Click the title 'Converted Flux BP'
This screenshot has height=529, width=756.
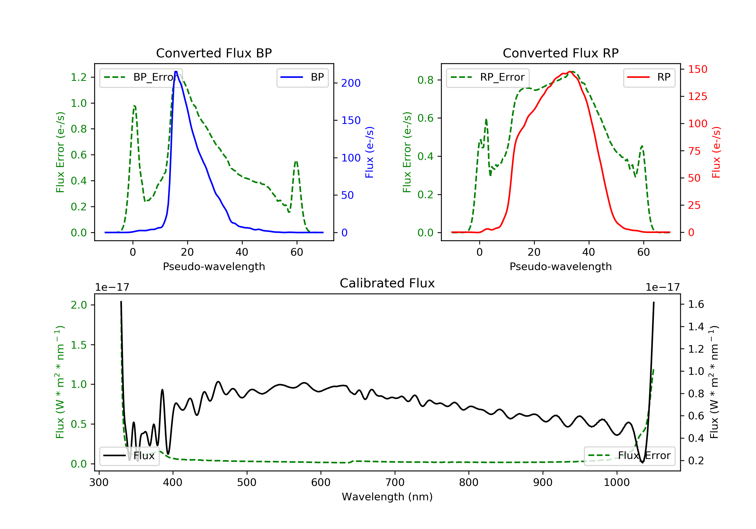coord(214,53)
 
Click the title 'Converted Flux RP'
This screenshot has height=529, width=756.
coord(560,53)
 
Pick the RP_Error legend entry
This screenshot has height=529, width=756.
coord(488,77)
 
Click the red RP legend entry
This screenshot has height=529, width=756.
coord(649,77)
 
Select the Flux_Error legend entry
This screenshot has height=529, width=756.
coord(629,456)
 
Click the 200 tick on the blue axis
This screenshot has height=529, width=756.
coord(351,83)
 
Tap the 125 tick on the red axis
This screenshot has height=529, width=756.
coord(697,96)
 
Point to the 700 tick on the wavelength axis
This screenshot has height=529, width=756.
coord(394,483)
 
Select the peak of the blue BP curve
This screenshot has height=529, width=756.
coord(176,72)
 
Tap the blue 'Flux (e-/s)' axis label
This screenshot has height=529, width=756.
coord(369,152)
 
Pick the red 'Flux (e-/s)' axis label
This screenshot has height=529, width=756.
coord(716,152)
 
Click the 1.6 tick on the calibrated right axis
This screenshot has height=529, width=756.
coord(696,304)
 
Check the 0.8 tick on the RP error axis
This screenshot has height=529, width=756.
coord(425,80)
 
